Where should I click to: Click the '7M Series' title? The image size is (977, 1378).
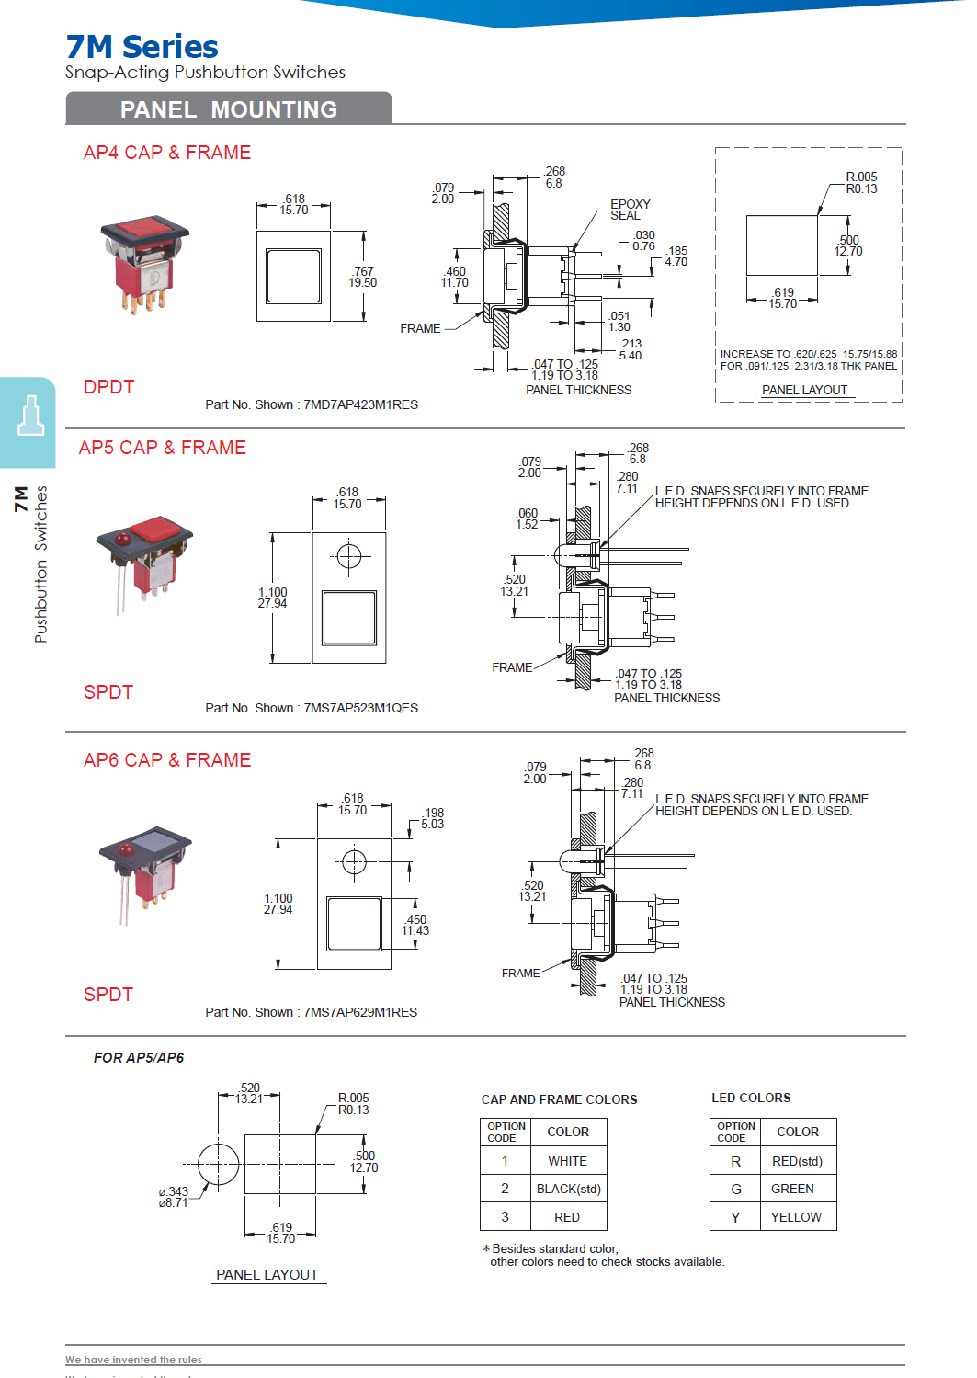[142, 46]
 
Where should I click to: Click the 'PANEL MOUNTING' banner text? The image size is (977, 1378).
[228, 109]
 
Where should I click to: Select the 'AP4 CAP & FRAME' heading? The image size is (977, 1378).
[166, 153]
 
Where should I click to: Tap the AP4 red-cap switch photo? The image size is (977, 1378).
[143, 264]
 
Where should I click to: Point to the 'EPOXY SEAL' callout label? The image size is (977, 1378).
[630, 210]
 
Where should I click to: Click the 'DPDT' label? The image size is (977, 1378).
[108, 387]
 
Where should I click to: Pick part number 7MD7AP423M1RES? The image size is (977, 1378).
[360, 404]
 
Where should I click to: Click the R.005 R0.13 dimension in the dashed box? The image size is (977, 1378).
[861, 183]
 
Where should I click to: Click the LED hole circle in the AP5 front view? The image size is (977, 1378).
[348, 556]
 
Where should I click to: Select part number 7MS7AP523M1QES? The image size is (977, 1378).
[360, 708]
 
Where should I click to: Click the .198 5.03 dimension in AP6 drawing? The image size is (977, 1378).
[433, 818]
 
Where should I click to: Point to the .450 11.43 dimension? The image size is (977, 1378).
[415, 925]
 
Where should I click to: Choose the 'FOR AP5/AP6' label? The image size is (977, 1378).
[139, 1058]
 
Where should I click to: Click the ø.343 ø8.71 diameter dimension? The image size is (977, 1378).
[173, 1197]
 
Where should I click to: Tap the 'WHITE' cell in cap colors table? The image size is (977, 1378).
[567, 1161]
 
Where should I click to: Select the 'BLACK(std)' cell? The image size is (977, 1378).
[568, 1189]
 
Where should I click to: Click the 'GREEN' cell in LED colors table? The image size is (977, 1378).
[791, 1189]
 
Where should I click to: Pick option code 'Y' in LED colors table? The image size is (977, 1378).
[735, 1217]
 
